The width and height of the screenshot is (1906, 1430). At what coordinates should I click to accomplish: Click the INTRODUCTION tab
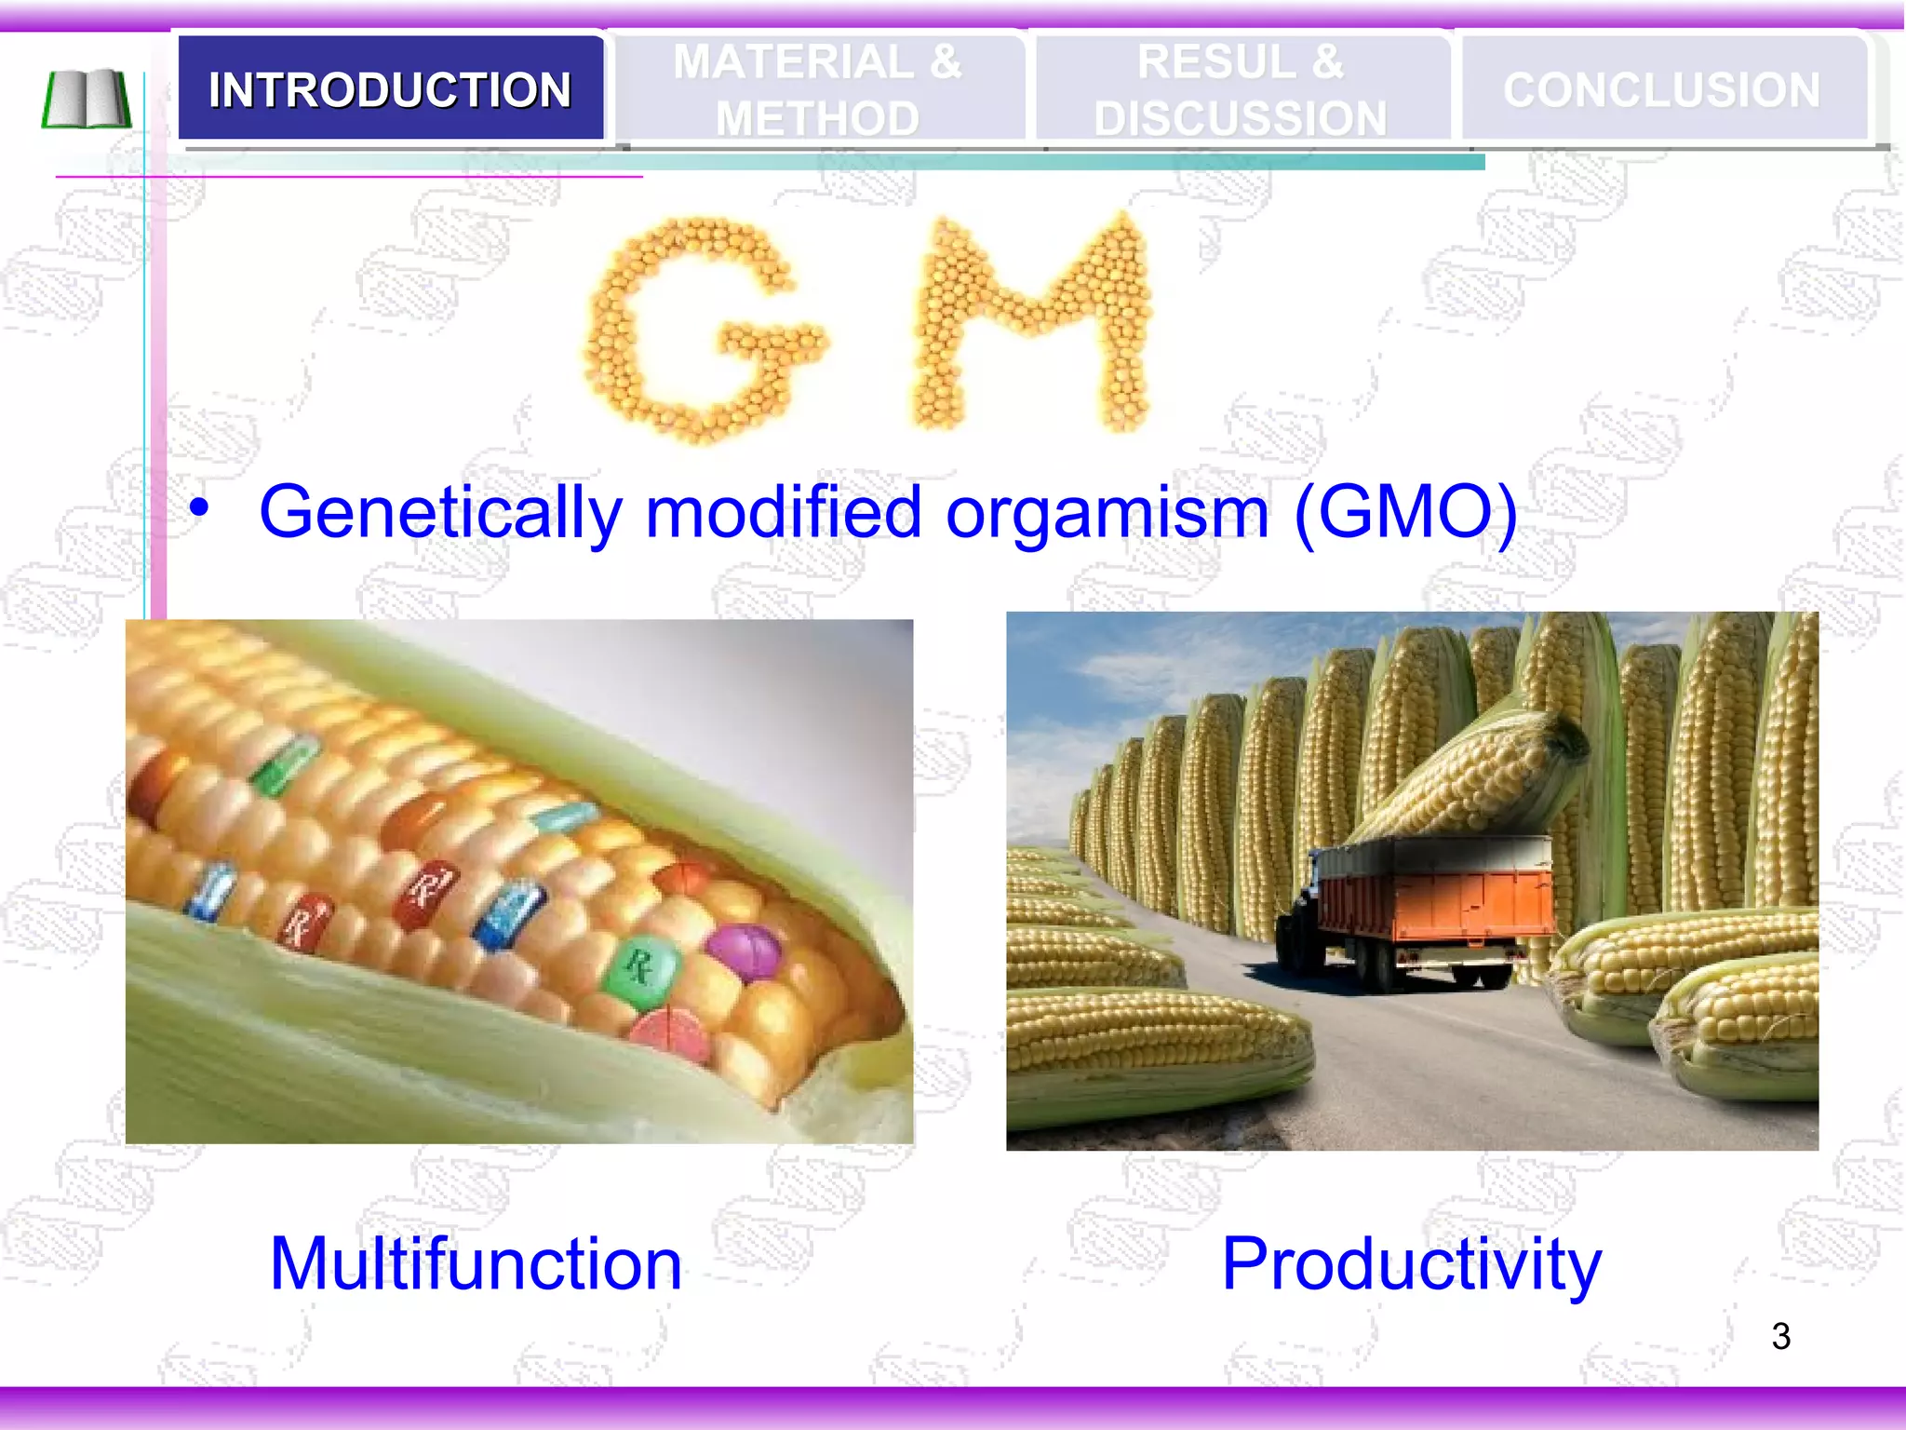pyautogui.click(x=390, y=89)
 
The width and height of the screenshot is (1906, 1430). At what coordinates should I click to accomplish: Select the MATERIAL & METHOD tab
pyautogui.click(x=817, y=89)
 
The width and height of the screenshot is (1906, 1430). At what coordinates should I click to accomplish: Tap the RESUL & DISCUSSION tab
pyautogui.click(x=1240, y=89)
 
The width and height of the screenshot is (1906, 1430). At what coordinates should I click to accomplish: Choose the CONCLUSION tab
pyautogui.click(x=1661, y=89)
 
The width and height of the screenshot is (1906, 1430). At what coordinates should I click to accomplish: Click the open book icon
pyautogui.click(x=87, y=99)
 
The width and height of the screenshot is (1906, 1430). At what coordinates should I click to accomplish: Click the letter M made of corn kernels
pyautogui.click(x=1033, y=321)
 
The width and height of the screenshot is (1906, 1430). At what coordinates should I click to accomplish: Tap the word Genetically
pyautogui.click(x=440, y=513)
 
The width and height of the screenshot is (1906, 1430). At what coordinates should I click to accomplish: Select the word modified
pyautogui.click(x=784, y=513)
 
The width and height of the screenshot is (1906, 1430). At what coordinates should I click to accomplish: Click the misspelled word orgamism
pyautogui.click(x=1107, y=513)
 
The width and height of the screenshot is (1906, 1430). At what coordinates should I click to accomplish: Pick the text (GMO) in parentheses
pyautogui.click(x=1405, y=513)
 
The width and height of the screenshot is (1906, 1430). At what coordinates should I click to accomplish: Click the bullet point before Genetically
pyautogui.click(x=198, y=508)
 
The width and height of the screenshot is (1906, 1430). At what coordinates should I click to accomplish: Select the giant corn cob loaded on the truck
pyautogui.click(x=1470, y=773)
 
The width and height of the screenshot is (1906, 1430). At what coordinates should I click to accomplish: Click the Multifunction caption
pyautogui.click(x=476, y=1263)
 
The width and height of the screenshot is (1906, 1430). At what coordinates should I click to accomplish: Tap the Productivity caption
pyautogui.click(x=1411, y=1263)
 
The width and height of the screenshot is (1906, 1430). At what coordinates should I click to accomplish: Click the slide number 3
pyautogui.click(x=1780, y=1337)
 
